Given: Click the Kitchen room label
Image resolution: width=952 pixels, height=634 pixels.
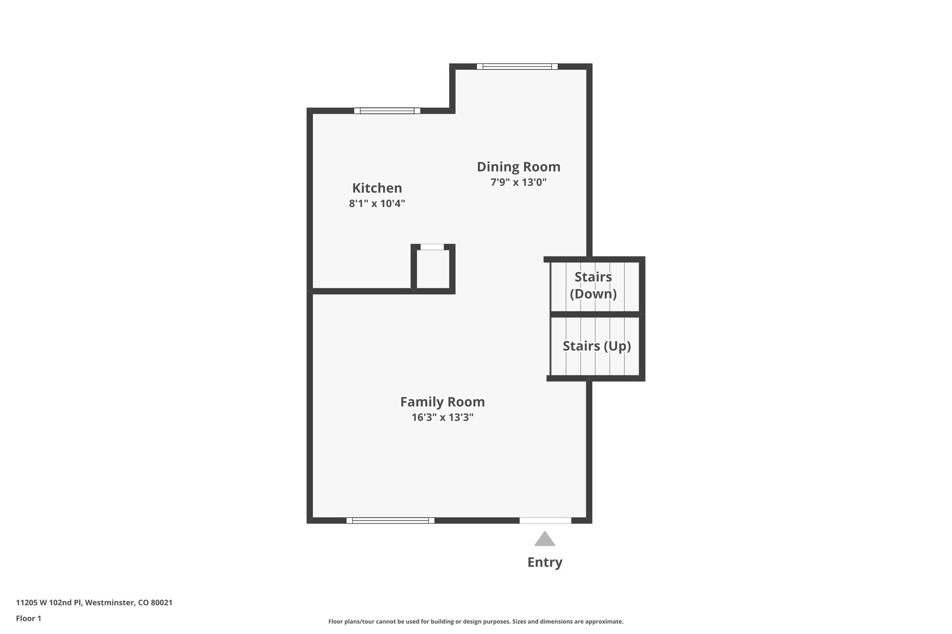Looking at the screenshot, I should point(377,188).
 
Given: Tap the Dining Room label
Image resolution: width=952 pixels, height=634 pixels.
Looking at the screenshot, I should point(518,167).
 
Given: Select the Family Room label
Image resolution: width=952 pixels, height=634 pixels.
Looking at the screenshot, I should point(442,402).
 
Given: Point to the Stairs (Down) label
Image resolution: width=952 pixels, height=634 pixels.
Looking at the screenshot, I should point(593,285).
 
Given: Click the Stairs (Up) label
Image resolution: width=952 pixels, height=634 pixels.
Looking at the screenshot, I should point(596,346).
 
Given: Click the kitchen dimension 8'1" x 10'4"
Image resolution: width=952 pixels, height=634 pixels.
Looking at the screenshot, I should point(377,203).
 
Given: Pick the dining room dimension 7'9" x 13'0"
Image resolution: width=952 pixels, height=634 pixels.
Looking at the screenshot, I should point(518,182).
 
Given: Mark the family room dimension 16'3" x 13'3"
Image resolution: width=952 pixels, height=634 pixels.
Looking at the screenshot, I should point(442,417).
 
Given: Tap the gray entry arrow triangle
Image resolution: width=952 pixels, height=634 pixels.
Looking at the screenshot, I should point(545,539).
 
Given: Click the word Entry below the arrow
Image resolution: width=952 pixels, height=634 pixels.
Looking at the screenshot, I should point(545,562).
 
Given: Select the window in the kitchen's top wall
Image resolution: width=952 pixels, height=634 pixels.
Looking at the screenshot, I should point(387,111).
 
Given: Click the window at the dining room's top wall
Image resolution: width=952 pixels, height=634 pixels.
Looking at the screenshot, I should point(517,66).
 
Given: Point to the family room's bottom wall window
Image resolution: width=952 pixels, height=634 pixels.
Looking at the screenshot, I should point(390,520).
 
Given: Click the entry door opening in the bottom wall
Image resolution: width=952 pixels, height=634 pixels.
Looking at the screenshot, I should point(545,520).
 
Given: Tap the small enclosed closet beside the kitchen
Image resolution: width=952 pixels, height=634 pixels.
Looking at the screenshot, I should point(433,269).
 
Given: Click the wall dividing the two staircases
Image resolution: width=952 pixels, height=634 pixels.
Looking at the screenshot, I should point(595,314).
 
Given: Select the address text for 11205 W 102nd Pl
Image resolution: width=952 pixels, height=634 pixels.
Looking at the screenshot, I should point(94,602).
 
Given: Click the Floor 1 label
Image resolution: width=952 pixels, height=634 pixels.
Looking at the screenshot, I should point(28,618).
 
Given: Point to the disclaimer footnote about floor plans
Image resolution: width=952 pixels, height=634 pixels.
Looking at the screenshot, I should point(476,621).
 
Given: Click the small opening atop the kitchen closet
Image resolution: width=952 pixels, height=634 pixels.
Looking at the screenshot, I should point(432,247).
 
